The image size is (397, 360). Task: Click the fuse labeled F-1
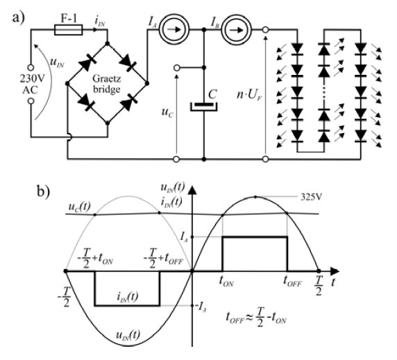click(x=67, y=31)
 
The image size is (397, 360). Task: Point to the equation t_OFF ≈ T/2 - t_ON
click(x=266, y=321)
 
